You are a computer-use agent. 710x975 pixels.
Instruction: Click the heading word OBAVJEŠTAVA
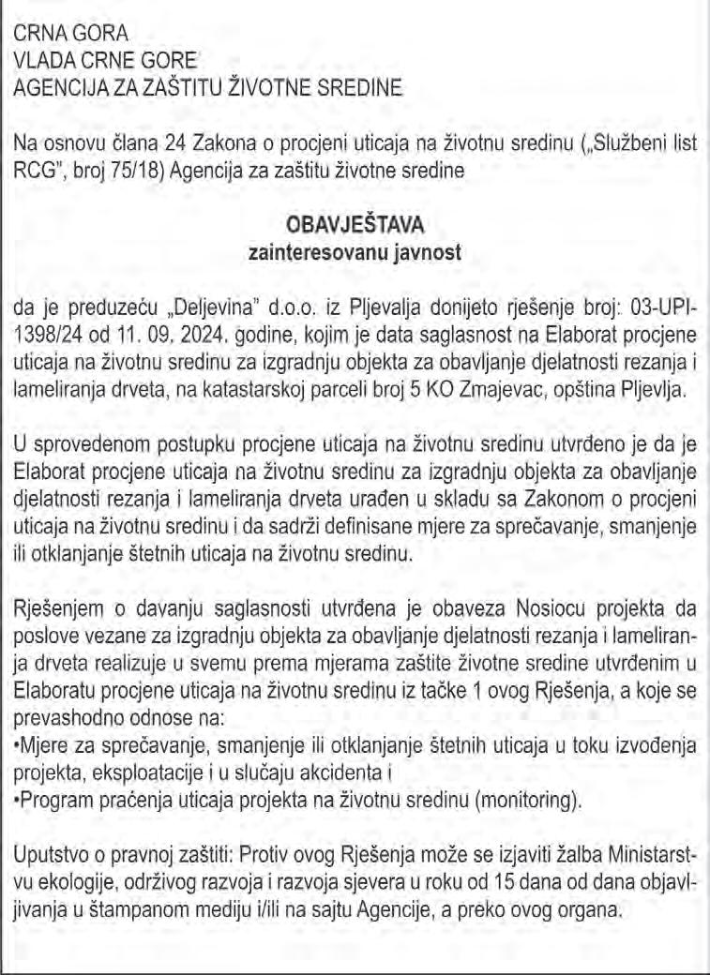[355, 226]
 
